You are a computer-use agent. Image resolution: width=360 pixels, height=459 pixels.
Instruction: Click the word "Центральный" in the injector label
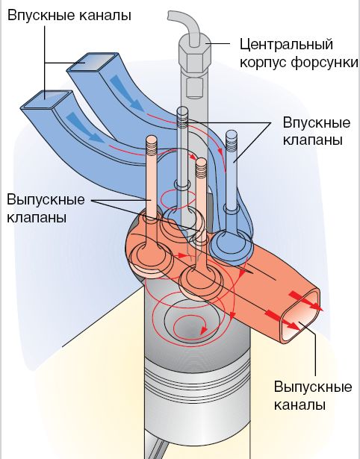[x=287, y=45]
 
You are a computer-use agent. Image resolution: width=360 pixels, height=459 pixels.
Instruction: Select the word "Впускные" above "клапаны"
[x=317, y=122]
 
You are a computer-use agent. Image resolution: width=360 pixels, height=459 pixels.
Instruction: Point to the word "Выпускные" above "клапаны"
[x=46, y=200]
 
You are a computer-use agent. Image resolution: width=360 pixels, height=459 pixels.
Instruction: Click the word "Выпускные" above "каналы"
[x=313, y=387]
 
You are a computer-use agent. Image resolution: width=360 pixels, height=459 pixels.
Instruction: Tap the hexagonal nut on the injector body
[x=195, y=54]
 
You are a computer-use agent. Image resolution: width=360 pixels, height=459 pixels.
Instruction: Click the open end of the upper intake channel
[x=93, y=62]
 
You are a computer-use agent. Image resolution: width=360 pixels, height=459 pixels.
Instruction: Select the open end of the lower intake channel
[x=46, y=100]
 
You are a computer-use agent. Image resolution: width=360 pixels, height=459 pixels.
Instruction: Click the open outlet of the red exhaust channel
[x=300, y=316]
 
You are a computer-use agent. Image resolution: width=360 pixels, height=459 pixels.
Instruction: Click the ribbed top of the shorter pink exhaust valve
[x=201, y=168]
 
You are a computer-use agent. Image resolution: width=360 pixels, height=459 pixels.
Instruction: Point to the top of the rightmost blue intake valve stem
[x=231, y=134]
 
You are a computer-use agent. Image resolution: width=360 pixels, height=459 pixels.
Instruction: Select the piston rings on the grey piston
[x=197, y=377]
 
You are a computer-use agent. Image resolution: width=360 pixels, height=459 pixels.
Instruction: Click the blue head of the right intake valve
[x=231, y=244]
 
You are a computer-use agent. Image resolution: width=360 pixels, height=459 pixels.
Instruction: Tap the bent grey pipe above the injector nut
[x=185, y=26]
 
